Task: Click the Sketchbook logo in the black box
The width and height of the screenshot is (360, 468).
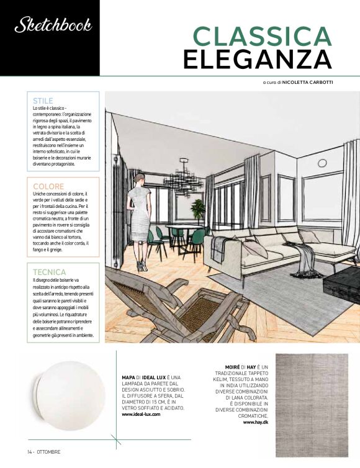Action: (53, 25)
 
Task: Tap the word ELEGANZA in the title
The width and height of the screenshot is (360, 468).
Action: (256, 60)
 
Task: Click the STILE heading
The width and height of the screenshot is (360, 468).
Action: (43, 100)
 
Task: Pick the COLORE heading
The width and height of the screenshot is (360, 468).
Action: (48, 186)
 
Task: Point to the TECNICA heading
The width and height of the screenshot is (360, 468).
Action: (49, 272)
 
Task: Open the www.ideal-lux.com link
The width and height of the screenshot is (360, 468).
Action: (142, 414)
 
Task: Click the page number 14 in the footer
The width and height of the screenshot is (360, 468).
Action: (29, 451)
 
